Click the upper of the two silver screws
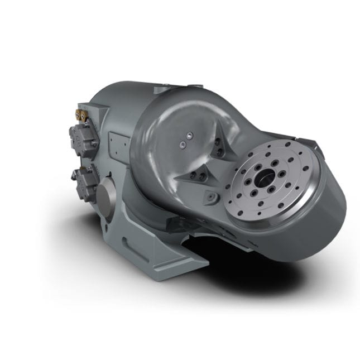click(x=189, y=134)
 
